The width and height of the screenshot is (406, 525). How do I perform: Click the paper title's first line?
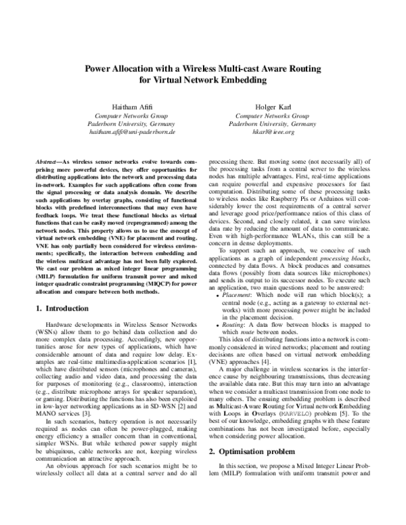pos(202,68)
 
